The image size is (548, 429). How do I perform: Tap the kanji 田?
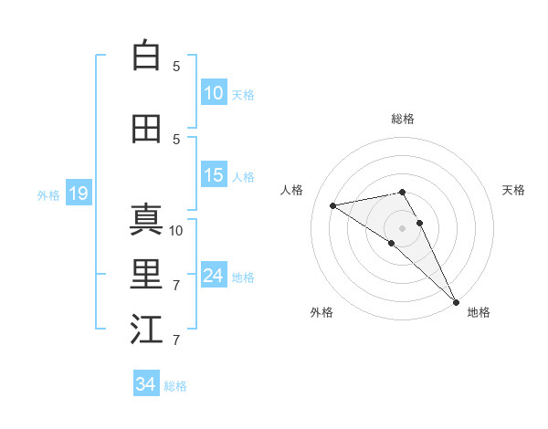146,129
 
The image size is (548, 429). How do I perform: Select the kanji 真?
146,220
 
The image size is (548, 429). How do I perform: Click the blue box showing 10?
214,92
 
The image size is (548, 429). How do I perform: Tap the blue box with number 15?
214,176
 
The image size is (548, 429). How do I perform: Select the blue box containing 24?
214,276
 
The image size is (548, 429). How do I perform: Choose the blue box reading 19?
78,194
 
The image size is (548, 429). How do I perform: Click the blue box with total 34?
146,384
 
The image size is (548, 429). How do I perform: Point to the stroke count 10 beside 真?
177,230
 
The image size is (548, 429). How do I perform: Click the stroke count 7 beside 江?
176,340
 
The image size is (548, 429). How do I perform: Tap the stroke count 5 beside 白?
176,66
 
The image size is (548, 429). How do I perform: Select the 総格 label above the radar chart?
403,119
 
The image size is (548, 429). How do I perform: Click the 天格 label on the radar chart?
514,190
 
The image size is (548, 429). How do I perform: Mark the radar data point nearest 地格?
455,301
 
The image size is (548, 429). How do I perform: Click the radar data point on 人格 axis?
333,205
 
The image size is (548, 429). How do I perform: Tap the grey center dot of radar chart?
403,227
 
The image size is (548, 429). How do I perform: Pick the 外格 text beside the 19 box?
47,194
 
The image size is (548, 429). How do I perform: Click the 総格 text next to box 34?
175,386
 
